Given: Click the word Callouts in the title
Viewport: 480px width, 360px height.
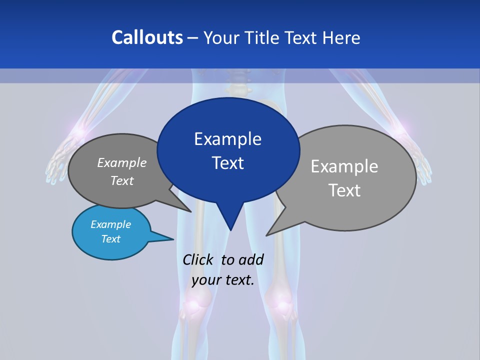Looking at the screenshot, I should [147, 37].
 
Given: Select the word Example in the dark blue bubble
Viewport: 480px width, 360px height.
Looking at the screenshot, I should [227, 139].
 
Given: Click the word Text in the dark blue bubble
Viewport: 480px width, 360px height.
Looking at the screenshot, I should [227, 163].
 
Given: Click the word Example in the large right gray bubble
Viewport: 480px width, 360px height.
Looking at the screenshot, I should [344, 166].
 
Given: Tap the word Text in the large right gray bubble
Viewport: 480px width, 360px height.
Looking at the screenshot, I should [344, 190].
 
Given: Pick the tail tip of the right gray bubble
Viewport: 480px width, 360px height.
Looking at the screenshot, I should [267, 234].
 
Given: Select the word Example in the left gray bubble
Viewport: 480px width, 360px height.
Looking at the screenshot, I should [122, 163].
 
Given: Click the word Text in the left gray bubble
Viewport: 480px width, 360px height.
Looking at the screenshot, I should [122, 181].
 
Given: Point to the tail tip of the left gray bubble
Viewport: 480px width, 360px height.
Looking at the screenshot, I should [190, 211].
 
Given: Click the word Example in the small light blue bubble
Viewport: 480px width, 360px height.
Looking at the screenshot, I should [110, 224].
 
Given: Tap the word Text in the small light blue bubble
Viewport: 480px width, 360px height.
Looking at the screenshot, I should [110, 239].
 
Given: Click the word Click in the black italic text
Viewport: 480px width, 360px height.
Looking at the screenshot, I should [198, 259].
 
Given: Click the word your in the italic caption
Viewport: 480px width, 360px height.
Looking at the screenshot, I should [207, 280].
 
